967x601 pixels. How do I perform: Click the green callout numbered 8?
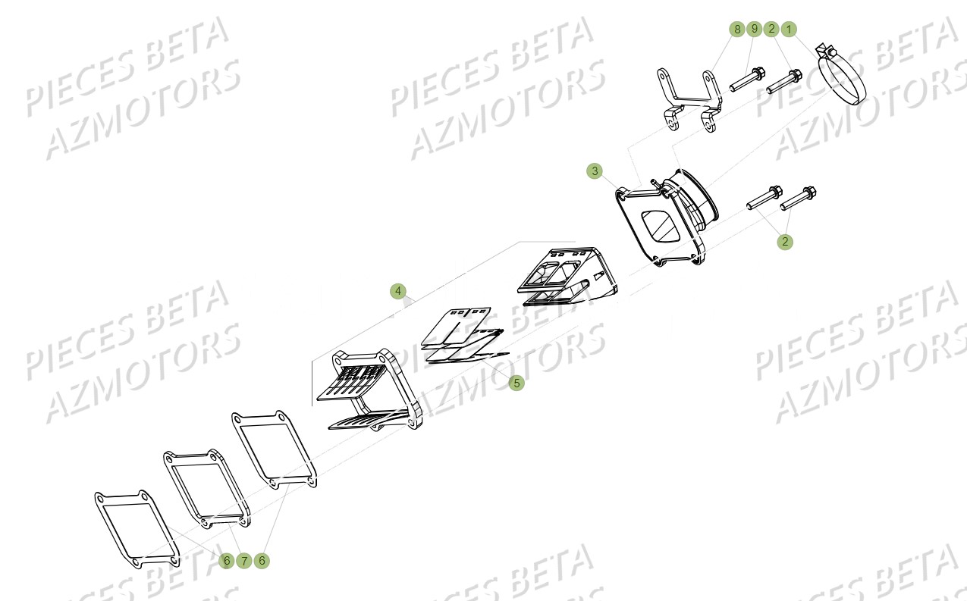pyautogui.click(x=736, y=29)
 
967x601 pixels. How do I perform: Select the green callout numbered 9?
pyautogui.click(x=754, y=29)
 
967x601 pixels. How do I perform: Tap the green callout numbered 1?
pyautogui.click(x=789, y=29)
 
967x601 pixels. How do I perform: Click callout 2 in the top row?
pyautogui.click(x=771, y=29)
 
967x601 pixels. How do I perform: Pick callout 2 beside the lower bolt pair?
pyautogui.click(x=785, y=242)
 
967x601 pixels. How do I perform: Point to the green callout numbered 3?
pyautogui.click(x=595, y=171)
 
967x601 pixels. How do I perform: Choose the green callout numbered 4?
pyautogui.click(x=399, y=291)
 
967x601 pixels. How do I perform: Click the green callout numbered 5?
pyautogui.click(x=516, y=383)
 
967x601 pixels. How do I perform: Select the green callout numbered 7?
pyautogui.click(x=243, y=561)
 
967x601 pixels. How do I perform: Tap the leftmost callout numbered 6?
pyautogui.click(x=226, y=561)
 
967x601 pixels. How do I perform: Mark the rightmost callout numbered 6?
pyautogui.click(x=262, y=561)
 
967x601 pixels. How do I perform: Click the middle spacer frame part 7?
pyautogui.click(x=205, y=489)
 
